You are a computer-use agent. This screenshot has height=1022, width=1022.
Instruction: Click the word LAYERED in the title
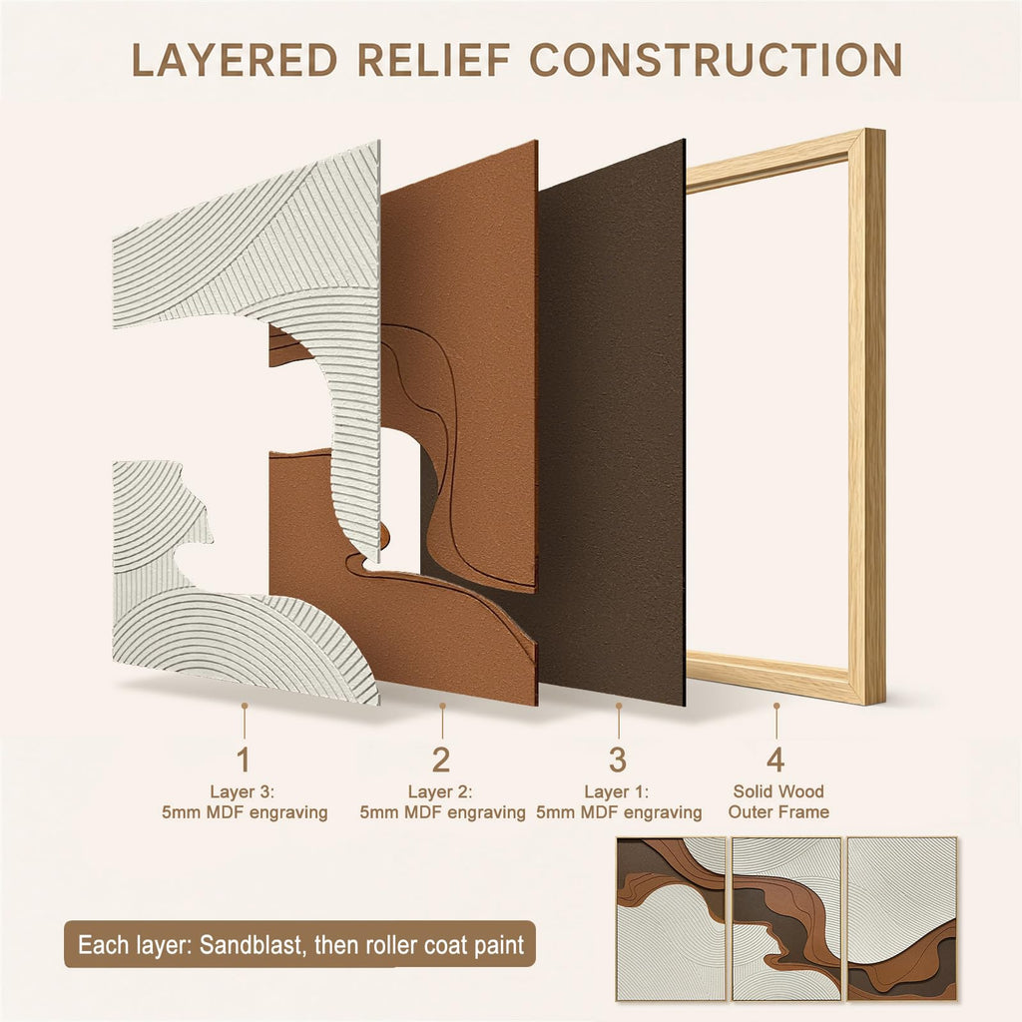235,60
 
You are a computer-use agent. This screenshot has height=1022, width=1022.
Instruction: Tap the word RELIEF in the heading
434,60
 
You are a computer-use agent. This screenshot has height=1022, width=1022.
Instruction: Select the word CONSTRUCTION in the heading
717,60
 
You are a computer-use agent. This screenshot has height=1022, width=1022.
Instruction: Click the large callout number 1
244,760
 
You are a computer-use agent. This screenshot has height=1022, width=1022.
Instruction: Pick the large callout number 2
441,760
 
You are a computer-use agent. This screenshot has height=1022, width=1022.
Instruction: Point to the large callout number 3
617,760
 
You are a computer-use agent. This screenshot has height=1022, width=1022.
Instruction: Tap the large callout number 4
775,760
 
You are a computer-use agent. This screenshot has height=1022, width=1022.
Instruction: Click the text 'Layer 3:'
243,791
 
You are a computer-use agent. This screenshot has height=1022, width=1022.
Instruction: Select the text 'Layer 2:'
440,791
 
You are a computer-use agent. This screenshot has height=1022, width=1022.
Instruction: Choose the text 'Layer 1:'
617,791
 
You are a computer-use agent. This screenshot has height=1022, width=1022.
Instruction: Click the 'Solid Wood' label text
778,791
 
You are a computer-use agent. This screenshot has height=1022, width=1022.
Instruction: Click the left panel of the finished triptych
671,918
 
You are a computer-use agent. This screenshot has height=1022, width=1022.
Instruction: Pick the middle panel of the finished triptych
786,918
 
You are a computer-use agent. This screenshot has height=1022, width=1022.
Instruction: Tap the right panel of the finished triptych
901,918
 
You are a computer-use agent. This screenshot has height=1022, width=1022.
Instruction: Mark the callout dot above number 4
776,706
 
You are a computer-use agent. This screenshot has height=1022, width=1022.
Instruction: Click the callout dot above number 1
245,706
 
